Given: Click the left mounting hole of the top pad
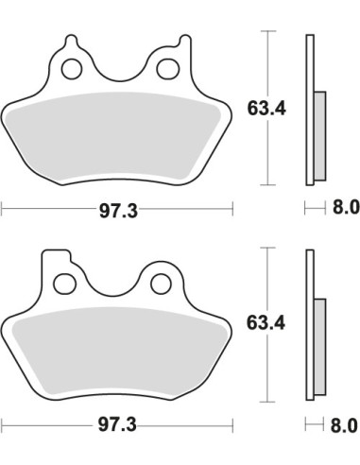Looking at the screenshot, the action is pyautogui.click(x=72, y=69).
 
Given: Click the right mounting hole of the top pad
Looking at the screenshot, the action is pyautogui.click(x=168, y=69).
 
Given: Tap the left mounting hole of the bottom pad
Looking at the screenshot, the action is pyautogui.click(x=65, y=284).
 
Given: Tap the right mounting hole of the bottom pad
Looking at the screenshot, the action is pyautogui.click(x=162, y=284).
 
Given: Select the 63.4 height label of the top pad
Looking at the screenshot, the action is pyautogui.click(x=266, y=109).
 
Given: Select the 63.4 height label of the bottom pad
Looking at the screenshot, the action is pyautogui.click(x=266, y=323).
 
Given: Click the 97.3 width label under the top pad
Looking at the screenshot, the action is pyautogui.click(x=118, y=211).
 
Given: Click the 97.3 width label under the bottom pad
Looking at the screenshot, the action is pyautogui.click(x=117, y=425).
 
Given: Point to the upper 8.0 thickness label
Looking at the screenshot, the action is pyautogui.click(x=346, y=208).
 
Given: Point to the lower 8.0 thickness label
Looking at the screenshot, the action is pyautogui.click(x=344, y=425).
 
